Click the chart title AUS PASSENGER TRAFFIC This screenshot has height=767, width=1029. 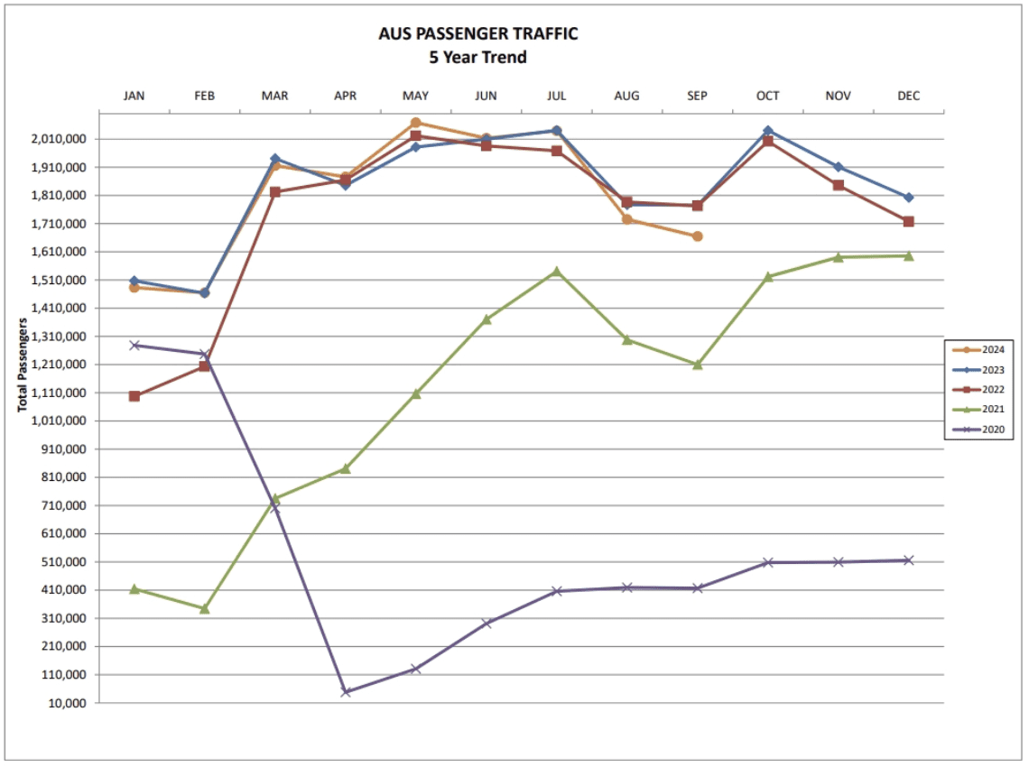477,34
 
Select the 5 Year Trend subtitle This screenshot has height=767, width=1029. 477,57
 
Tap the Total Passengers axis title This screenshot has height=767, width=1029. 22,365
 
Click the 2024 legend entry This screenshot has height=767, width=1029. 979,350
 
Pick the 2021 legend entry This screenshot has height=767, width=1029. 979,410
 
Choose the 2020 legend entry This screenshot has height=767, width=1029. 979,430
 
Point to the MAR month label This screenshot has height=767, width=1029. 274,96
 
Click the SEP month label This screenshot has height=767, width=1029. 697,96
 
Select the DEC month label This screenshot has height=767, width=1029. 908,96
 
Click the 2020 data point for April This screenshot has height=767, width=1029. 346,692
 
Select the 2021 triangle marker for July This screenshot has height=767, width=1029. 557,271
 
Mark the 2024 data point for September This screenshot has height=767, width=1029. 698,236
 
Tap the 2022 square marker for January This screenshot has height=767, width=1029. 134,396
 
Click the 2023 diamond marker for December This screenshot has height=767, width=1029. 909,197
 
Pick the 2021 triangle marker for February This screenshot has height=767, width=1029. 205,609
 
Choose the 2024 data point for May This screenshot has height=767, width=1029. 416,123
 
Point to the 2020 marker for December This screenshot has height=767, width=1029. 909,560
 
